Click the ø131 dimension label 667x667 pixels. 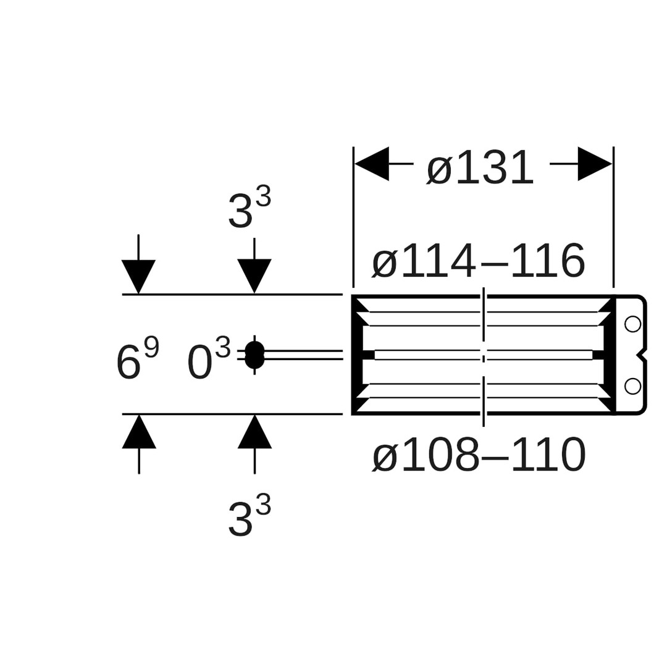point(480,168)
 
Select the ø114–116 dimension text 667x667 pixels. point(479,261)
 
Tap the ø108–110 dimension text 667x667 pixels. point(479,456)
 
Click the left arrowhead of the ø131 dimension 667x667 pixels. point(372,164)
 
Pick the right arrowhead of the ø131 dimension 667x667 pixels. point(594,164)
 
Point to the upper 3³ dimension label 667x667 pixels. point(250,208)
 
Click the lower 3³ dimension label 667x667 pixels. point(250,516)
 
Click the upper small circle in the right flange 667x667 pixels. point(632,324)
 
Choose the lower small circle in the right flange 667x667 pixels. point(632,386)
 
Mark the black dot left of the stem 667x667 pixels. point(254,355)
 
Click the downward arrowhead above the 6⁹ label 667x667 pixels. point(138,275)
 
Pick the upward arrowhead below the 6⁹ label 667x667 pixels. point(139,432)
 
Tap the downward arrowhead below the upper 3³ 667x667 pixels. point(254,275)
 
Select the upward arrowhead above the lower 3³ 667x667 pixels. point(254,432)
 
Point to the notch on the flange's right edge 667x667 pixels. point(642,355)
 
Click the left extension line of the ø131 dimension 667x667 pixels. point(353,216)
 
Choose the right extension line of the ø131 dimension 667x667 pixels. point(613,216)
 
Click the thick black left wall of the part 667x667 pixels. point(356,354)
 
